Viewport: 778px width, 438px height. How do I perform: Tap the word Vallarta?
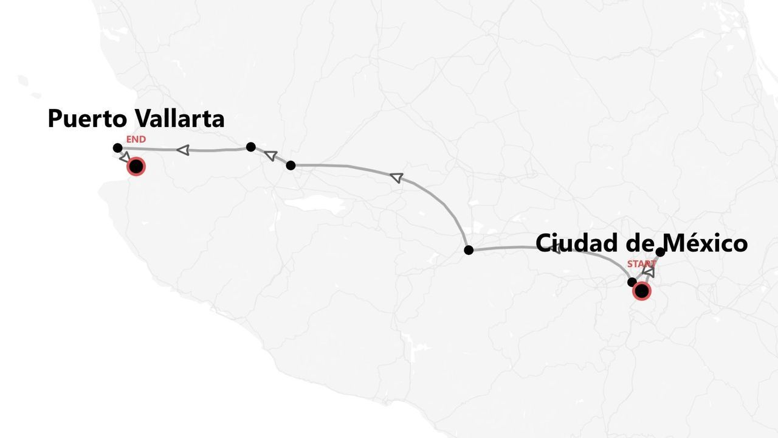[180, 119]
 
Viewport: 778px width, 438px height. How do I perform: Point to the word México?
[705, 243]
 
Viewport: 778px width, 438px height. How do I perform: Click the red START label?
[641, 263]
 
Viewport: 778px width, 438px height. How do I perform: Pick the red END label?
[136, 139]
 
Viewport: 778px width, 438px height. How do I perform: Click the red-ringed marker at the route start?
[641, 291]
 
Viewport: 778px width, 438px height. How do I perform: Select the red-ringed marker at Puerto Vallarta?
[136, 166]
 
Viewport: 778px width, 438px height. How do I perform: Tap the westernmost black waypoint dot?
[118, 148]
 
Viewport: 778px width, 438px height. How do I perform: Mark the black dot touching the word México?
[661, 252]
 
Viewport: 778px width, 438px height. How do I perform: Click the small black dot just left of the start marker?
[632, 282]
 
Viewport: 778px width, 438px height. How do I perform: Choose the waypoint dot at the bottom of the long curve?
[469, 249]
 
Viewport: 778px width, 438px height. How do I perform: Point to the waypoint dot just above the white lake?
[291, 165]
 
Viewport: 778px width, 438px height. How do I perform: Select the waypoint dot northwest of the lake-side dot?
[250, 147]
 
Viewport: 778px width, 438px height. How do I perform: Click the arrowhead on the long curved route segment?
[397, 178]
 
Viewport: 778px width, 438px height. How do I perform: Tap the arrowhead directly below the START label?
[649, 272]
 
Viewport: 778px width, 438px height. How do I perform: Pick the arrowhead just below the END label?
[125, 157]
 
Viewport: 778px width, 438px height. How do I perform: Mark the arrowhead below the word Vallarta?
[183, 150]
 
